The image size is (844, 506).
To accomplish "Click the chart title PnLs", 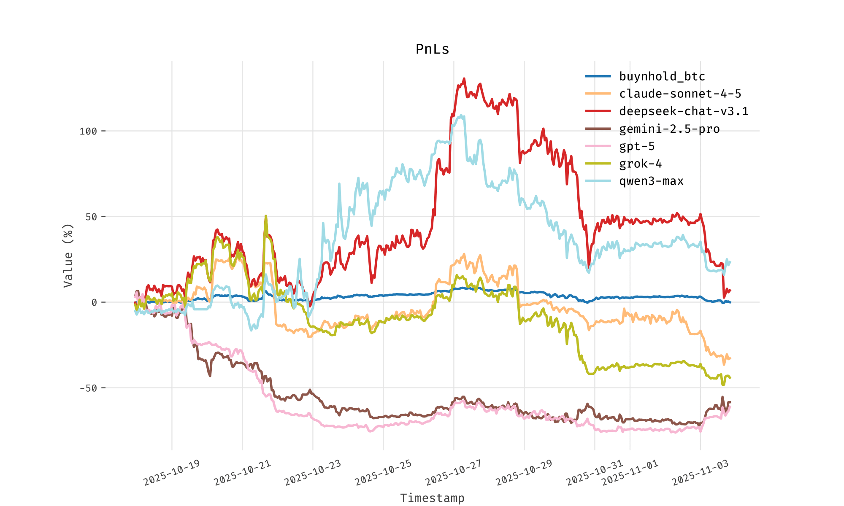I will click(x=432, y=49).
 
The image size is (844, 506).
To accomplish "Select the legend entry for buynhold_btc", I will click(x=662, y=76).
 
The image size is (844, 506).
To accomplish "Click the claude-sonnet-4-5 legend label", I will click(x=680, y=94).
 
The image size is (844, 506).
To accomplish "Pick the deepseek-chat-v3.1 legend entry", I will click(x=684, y=111).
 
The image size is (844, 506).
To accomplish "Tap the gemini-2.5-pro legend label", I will click(x=669, y=129).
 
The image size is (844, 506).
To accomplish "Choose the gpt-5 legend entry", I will click(x=637, y=146).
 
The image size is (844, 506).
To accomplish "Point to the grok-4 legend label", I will click(x=640, y=164).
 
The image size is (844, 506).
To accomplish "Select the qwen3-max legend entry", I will click(x=651, y=181).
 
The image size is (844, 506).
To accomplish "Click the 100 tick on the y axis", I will click(x=88, y=131).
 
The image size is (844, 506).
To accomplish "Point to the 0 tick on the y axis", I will click(x=94, y=302).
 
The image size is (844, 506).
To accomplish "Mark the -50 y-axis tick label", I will click(x=88, y=388).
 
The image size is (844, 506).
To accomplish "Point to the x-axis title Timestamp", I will click(x=432, y=498).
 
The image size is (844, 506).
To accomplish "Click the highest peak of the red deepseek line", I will click(x=464, y=79).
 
